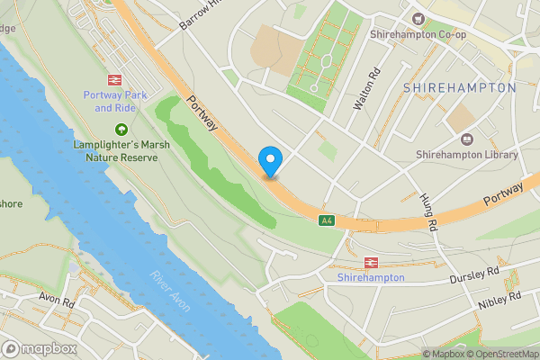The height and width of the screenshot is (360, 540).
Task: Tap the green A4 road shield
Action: point(327,220)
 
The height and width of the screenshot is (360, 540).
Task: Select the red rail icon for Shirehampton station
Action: point(370,262)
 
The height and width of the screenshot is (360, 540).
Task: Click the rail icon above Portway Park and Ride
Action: point(114,80)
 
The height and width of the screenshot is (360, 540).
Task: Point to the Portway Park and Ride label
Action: point(114,101)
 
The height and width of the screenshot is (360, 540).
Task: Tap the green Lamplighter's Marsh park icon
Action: point(121,130)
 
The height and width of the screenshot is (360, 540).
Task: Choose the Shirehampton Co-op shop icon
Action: point(417,18)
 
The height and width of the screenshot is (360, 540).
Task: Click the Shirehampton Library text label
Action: point(466,155)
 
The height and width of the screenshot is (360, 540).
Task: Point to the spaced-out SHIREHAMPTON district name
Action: point(459,88)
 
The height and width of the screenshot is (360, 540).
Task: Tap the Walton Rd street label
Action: point(364,91)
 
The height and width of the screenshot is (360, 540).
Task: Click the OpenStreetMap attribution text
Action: point(500,354)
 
